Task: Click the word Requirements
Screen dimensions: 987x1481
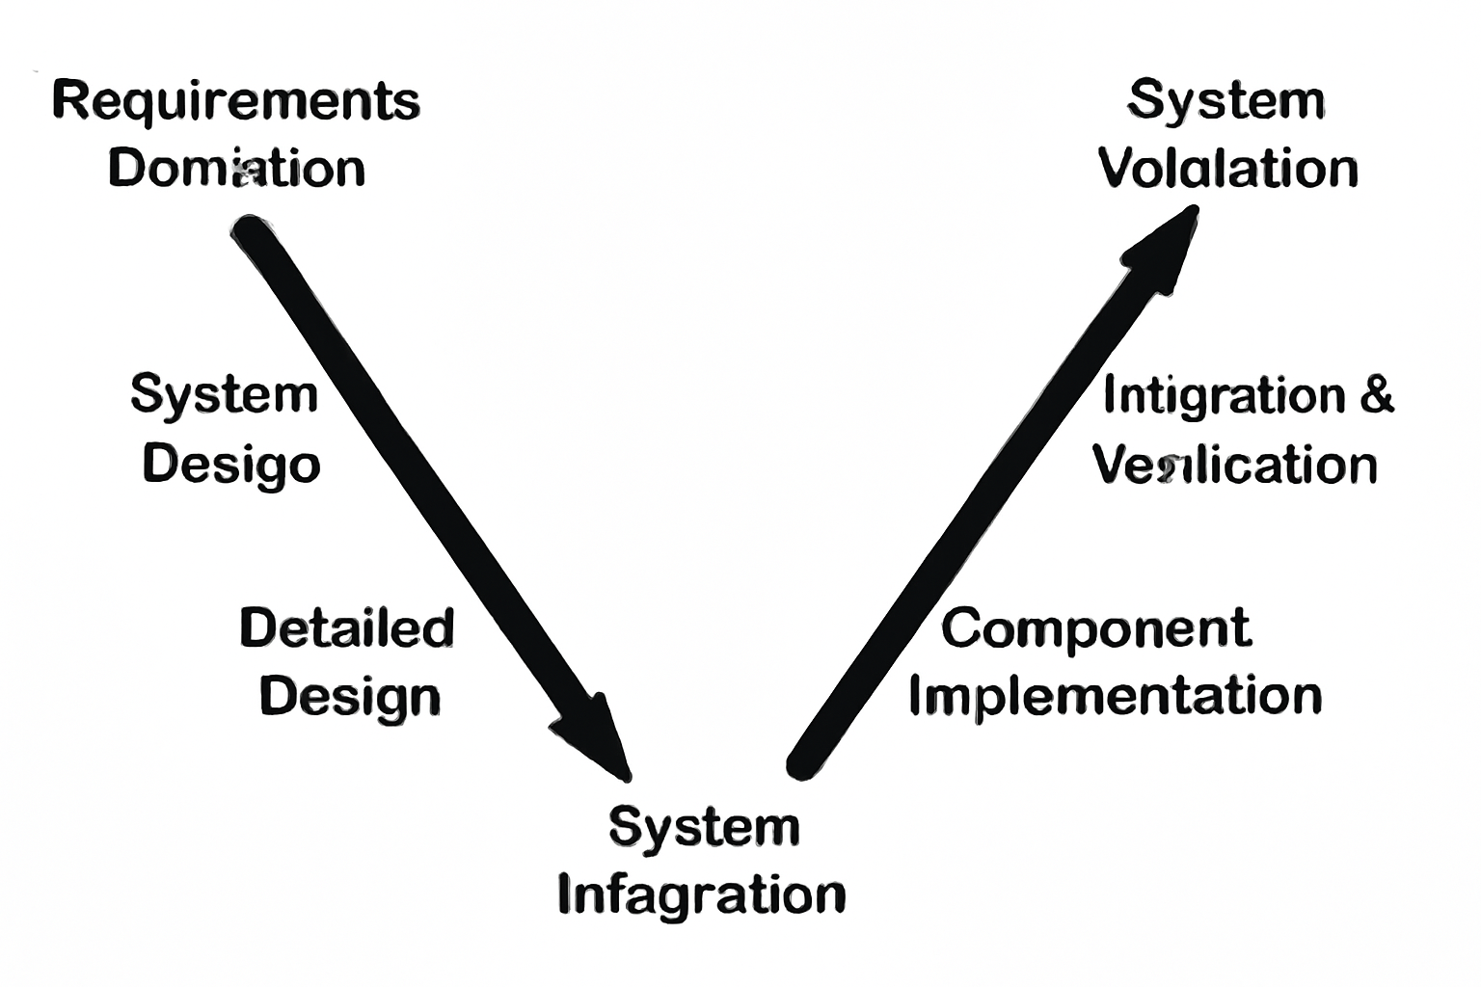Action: (x=236, y=101)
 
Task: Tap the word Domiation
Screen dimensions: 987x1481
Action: (x=236, y=169)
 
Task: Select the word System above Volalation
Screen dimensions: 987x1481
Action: (x=1226, y=101)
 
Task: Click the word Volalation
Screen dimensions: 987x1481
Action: (x=1228, y=169)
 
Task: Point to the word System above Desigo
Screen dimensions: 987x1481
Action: (x=224, y=395)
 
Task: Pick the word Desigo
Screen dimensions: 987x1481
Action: (x=231, y=465)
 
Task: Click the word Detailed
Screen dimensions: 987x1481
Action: (x=347, y=628)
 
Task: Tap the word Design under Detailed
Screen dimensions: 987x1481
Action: (x=350, y=696)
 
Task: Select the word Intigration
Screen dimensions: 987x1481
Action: (x=1224, y=395)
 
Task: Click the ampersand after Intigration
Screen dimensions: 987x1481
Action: (x=1377, y=395)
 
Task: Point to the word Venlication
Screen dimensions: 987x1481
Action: (x=1235, y=465)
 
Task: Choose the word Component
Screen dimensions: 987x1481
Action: (x=1096, y=628)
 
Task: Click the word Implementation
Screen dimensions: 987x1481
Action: (x=1116, y=696)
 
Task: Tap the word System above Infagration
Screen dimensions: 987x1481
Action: (x=704, y=827)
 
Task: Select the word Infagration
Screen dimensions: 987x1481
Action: (x=702, y=894)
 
